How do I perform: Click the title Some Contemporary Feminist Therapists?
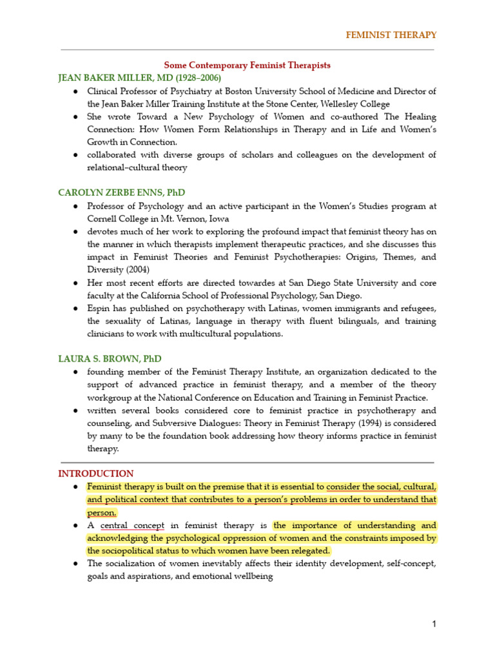click(x=247, y=65)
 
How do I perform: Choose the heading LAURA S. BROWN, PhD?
click(x=110, y=358)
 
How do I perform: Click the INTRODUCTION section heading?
click(x=96, y=473)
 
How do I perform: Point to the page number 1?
click(x=434, y=624)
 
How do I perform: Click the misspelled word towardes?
click(x=268, y=283)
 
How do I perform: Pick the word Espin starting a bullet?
click(x=99, y=309)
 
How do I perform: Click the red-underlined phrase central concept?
click(x=133, y=525)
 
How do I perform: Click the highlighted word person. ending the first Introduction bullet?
click(x=102, y=513)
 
